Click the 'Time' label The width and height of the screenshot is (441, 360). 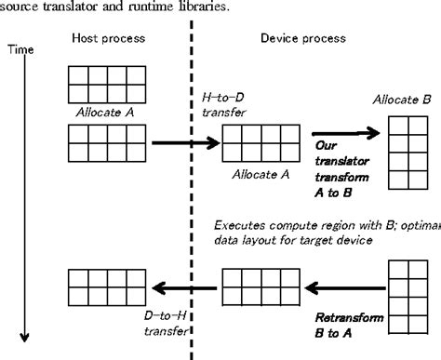tap(19, 48)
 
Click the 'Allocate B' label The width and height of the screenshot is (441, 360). tap(401, 99)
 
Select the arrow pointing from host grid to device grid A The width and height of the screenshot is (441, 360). tap(181, 142)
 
